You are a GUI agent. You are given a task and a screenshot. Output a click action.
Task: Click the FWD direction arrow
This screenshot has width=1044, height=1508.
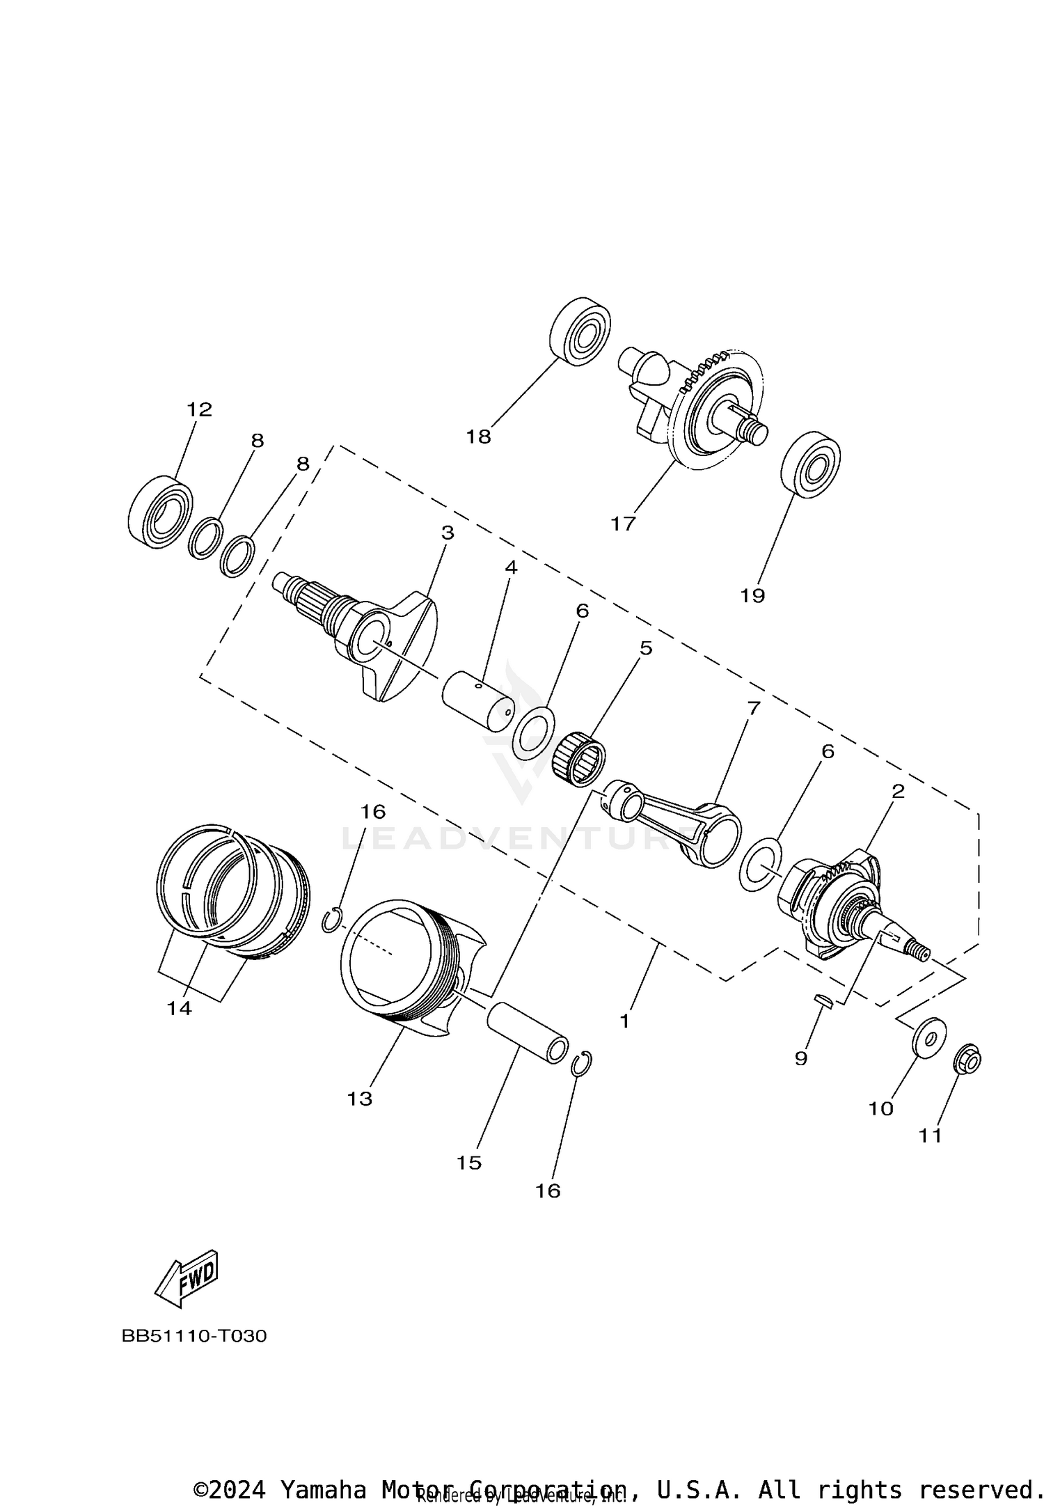tap(187, 1281)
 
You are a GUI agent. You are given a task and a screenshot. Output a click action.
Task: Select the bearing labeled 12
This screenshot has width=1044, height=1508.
tap(161, 507)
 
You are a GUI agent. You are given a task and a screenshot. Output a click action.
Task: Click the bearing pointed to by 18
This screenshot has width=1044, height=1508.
tap(580, 331)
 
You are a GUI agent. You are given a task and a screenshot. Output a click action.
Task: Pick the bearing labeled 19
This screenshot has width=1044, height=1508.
tap(811, 464)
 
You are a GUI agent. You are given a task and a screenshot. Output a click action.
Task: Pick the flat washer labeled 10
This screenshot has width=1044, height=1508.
tap(928, 1039)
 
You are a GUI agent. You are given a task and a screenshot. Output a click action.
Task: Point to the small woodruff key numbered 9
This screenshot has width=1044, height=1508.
tap(823, 1000)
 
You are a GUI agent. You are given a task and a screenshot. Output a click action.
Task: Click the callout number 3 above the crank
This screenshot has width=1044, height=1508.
tap(448, 533)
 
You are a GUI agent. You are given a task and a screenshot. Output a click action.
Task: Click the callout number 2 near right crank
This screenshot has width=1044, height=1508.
tap(898, 792)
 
